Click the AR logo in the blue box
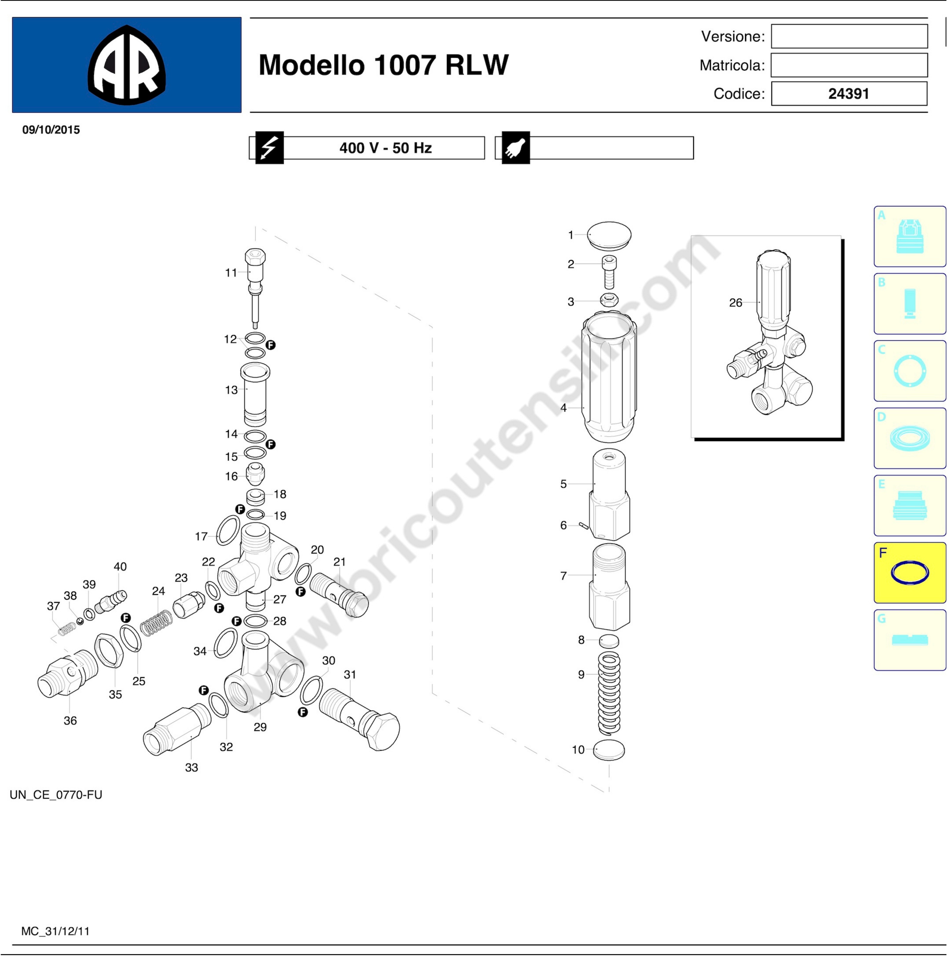pos(127,65)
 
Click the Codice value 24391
pos(849,94)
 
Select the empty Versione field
pos(849,36)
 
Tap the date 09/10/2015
pos(51,130)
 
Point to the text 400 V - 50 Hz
pos(386,148)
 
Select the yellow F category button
pos(909,572)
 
